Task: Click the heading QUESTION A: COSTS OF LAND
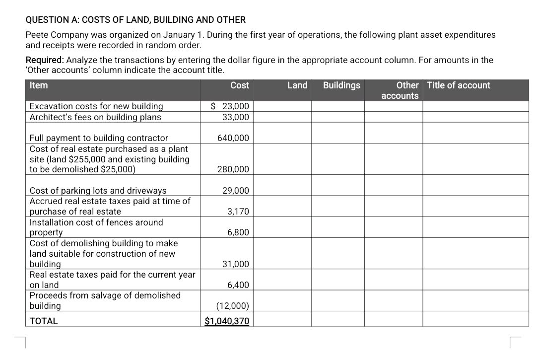click(135, 20)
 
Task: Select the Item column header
click(39, 85)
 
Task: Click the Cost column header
click(240, 85)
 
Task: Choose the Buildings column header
click(341, 85)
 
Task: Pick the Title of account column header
click(458, 85)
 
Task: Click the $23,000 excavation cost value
click(230, 106)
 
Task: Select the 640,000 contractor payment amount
click(233, 138)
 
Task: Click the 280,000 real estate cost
click(233, 170)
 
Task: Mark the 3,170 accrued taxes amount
click(238, 212)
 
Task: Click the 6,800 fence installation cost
click(238, 233)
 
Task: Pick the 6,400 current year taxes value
click(238, 285)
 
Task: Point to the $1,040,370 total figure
click(227, 321)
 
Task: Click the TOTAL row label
click(44, 321)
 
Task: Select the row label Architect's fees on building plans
click(95, 117)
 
